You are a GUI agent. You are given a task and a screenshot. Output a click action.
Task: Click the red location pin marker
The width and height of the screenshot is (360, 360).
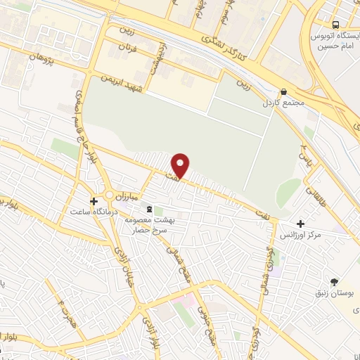[181, 165]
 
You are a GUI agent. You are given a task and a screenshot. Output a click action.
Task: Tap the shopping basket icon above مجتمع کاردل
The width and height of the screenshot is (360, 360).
[283, 91]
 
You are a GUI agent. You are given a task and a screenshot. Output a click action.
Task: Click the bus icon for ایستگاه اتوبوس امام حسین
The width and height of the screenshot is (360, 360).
[335, 22]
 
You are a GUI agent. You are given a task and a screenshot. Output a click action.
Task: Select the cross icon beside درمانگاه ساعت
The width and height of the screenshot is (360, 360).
[94, 200]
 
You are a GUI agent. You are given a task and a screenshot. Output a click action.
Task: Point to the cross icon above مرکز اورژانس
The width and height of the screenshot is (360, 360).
[301, 222]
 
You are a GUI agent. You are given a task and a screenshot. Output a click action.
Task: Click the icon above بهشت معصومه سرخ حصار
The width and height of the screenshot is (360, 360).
[148, 209]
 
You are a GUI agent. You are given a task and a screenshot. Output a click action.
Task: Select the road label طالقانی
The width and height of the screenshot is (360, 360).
[313, 188]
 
